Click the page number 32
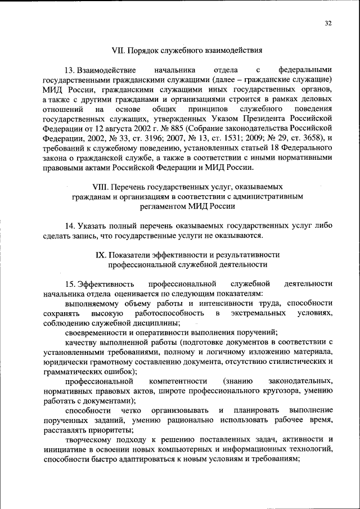329,23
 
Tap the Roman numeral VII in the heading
119,49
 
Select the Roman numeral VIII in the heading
100,186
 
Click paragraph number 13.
70,70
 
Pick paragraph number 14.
70,226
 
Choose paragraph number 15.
70,283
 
